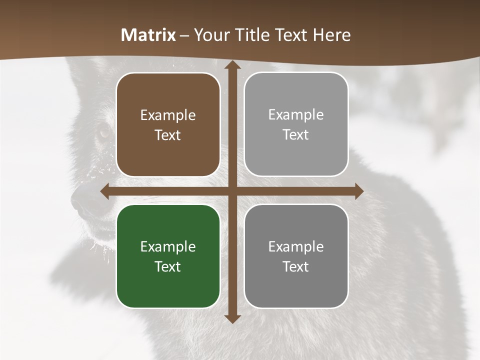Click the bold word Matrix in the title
pyautogui.click(x=148, y=35)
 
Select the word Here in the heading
pyautogui.click(x=331, y=35)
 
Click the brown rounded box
pyautogui.click(x=168, y=124)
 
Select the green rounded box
pyautogui.click(x=168, y=256)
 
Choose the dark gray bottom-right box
pyautogui.click(x=296, y=256)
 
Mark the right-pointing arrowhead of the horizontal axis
pyautogui.click(x=358, y=191)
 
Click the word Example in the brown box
pyautogui.click(x=168, y=115)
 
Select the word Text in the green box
pyautogui.click(x=168, y=266)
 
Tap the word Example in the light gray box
pyautogui.click(x=296, y=115)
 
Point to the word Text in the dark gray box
pyautogui.click(x=296, y=266)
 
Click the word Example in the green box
pyautogui.click(x=168, y=247)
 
